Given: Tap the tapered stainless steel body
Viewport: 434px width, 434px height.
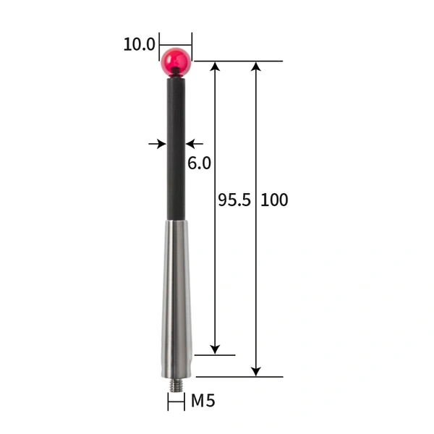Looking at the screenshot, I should (176, 297).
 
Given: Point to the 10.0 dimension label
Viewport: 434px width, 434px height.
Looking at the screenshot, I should (139, 44).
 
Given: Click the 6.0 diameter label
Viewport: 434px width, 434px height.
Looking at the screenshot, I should (199, 163).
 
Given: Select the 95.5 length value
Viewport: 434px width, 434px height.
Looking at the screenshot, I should (234, 200).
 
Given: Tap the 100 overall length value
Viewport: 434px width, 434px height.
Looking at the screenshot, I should (274, 200).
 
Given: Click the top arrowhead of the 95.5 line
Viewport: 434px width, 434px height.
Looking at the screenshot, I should (215, 67).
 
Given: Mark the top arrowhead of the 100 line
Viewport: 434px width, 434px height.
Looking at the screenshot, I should (255, 67).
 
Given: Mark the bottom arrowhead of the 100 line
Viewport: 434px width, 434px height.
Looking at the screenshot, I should (255, 371).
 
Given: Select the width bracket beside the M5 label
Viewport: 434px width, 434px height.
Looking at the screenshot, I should (176, 402).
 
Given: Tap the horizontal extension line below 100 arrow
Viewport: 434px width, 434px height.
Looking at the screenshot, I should (239, 377).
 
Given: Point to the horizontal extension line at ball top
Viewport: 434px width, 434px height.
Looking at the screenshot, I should (239, 61).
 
